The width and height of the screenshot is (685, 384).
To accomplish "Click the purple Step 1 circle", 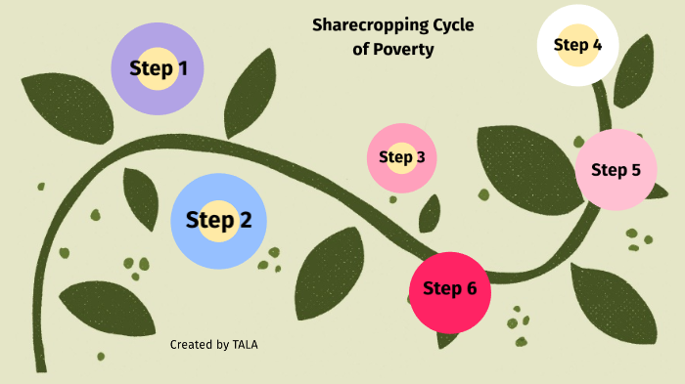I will [x=159, y=68].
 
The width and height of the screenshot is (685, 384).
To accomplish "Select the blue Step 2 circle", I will [x=218, y=220].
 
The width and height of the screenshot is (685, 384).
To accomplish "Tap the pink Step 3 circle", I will [x=401, y=157].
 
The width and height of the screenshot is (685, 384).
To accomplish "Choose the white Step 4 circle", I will [x=577, y=45].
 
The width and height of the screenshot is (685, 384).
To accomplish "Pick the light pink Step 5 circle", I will [x=616, y=170].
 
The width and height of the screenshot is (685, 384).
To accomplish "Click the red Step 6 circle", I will [x=449, y=289].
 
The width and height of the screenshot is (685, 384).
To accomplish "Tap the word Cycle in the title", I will [x=454, y=25].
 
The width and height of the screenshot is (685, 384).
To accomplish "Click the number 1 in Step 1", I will [x=182, y=68].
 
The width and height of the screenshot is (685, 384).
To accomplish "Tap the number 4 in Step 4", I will [x=597, y=45].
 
